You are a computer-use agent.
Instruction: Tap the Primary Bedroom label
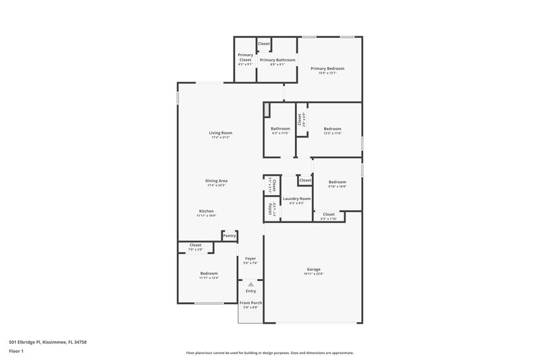tap(327, 68)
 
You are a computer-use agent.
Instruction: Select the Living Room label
tap(220, 132)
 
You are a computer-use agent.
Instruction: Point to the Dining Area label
tap(216, 180)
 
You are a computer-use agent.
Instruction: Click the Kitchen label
tap(206, 211)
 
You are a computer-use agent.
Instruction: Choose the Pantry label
tap(230, 236)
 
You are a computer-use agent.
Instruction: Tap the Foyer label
tap(250, 258)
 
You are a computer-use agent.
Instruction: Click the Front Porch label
tap(251, 303)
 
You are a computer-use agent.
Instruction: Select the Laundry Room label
tap(296, 199)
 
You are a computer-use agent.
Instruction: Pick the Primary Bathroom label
tap(277, 60)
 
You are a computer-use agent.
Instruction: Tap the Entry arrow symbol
tap(251, 284)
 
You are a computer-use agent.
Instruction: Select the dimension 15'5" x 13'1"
tap(327, 73)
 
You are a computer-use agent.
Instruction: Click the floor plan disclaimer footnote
tap(269, 353)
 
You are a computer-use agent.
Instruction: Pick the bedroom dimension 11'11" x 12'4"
tap(209, 278)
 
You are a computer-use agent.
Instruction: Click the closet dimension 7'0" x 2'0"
tap(196, 250)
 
